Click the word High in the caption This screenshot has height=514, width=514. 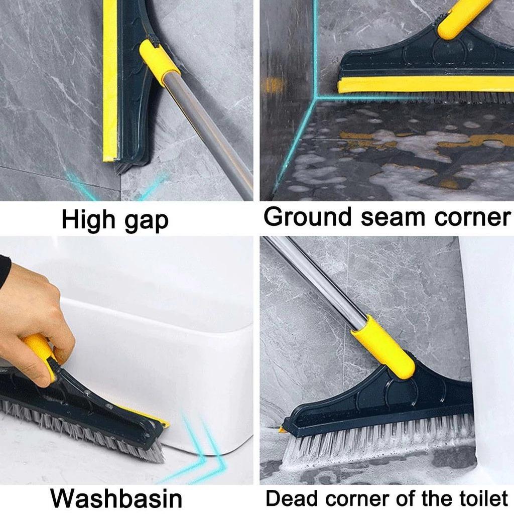(88, 219)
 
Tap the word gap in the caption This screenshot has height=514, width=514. (146, 221)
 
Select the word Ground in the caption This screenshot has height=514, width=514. (308, 217)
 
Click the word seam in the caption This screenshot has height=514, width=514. (393, 218)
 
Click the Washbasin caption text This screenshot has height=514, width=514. (116, 498)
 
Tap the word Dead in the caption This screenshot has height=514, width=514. (292, 498)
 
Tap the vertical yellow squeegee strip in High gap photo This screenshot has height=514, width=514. (110, 80)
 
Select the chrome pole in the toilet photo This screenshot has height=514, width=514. (315, 282)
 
